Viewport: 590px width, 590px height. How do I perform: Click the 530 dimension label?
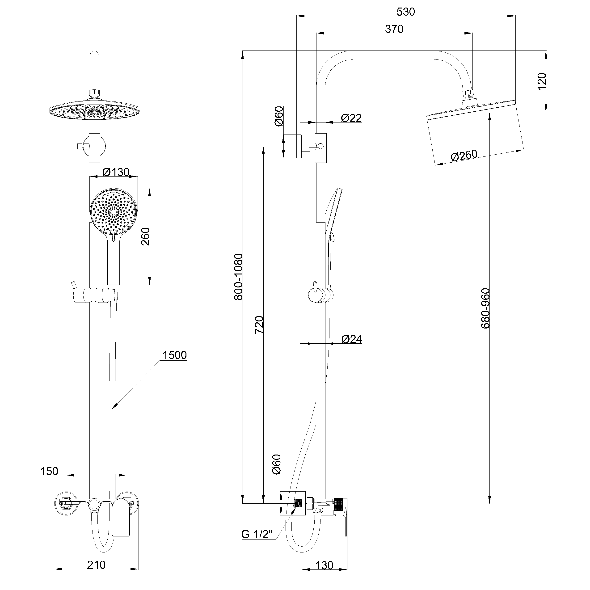pos(405,12)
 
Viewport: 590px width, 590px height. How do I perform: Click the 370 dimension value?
pos(394,29)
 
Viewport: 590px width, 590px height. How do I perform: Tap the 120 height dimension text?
pos(541,81)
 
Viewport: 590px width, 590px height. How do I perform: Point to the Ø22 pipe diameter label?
pos(351,118)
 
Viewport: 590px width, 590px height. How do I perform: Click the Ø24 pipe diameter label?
pos(351,339)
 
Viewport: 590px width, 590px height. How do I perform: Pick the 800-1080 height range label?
pos(238,277)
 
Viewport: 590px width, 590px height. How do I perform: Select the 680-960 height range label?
pos(485,308)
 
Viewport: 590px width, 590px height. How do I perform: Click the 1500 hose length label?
pos(174,355)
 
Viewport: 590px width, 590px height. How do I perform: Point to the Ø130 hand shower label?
pos(116,172)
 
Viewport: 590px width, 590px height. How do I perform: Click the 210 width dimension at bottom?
pos(96,565)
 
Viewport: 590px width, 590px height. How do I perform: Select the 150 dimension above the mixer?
pos(49,471)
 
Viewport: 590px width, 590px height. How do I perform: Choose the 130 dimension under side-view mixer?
pos(324,565)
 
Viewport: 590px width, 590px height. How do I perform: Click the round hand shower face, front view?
pos(114,212)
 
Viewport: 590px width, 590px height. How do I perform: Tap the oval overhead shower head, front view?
pos(96,111)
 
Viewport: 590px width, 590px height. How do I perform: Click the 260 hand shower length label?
pos(145,236)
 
